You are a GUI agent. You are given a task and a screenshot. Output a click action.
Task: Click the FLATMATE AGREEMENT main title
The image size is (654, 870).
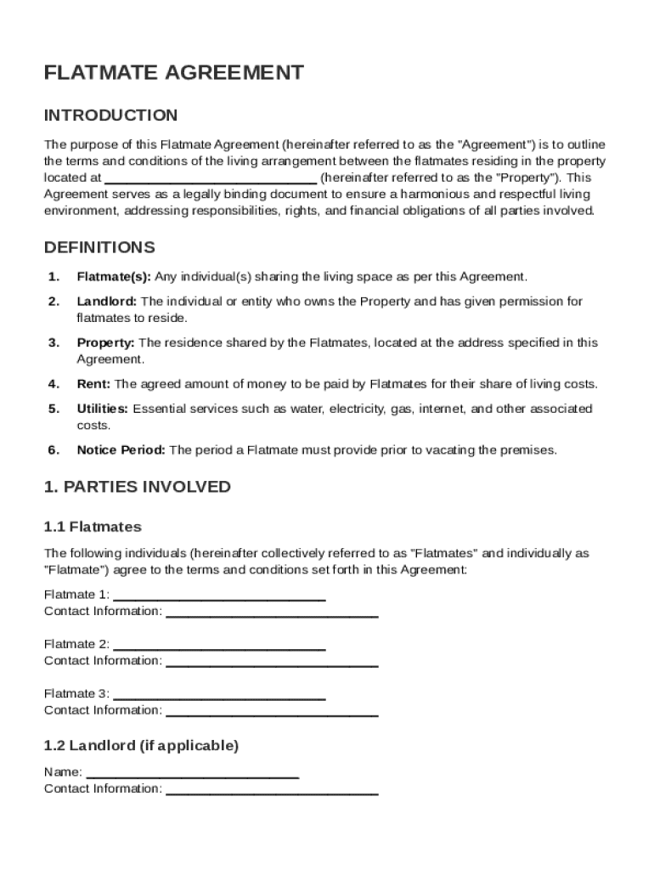(x=173, y=73)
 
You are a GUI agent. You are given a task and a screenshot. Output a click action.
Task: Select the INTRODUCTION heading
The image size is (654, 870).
(x=110, y=116)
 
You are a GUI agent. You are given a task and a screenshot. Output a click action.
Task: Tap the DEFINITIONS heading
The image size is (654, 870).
(x=99, y=248)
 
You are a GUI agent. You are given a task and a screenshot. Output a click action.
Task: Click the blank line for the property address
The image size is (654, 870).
(x=210, y=180)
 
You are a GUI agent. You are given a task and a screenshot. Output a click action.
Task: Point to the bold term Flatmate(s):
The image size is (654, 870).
(x=114, y=277)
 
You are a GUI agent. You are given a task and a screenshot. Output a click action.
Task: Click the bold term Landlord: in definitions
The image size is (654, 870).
(x=107, y=302)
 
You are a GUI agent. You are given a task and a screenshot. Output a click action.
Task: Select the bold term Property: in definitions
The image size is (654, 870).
(x=106, y=343)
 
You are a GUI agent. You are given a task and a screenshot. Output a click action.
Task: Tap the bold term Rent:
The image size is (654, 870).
(x=93, y=385)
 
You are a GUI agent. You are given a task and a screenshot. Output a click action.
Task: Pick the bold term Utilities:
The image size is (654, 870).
(x=103, y=410)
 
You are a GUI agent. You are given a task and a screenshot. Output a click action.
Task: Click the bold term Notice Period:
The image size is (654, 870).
(x=121, y=451)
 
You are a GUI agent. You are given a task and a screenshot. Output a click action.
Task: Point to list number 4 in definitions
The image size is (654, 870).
(x=54, y=385)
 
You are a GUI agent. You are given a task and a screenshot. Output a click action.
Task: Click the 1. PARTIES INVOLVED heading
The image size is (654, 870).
(x=138, y=487)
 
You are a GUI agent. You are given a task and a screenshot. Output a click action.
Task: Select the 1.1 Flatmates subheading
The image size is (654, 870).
(x=93, y=528)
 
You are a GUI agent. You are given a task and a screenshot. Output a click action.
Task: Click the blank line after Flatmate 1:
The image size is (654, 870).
(x=219, y=597)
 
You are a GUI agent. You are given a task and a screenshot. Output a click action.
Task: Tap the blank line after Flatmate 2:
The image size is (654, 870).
(x=219, y=647)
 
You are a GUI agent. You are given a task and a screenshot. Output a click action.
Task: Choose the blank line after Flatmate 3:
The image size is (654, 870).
(x=219, y=696)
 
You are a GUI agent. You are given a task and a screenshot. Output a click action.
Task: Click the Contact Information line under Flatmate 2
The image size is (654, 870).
(x=272, y=663)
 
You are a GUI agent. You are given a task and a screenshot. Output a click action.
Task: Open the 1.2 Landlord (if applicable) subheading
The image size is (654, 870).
(x=141, y=746)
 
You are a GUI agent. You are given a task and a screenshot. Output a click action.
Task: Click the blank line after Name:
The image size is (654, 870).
(x=193, y=774)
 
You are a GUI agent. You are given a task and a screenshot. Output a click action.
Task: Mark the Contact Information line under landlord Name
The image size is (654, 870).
(x=272, y=791)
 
